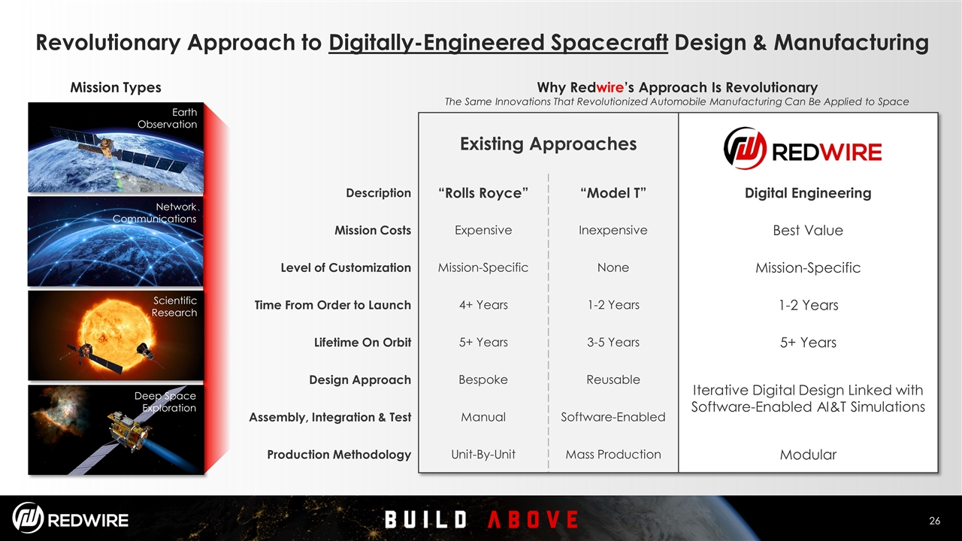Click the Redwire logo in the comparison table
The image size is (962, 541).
(802, 148)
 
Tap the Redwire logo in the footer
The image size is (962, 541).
(70, 518)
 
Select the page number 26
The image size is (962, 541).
(934, 521)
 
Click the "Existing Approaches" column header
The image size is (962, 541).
(548, 144)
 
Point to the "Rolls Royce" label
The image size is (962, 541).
(483, 193)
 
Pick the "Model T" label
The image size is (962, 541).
(613, 193)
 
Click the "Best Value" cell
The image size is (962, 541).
(808, 230)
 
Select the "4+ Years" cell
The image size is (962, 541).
(483, 305)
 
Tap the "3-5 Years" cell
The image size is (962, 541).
(613, 342)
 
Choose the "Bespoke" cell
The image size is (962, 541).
(483, 379)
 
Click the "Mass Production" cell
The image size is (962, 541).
(613, 455)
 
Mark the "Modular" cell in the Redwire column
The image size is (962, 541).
(808, 455)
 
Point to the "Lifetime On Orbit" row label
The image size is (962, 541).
(362, 342)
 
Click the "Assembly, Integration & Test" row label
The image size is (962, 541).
(330, 417)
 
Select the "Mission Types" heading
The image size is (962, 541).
(116, 88)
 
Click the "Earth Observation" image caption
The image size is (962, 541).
(168, 118)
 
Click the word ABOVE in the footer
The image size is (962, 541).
(533, 519)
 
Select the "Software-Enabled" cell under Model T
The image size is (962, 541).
(613, 417)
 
